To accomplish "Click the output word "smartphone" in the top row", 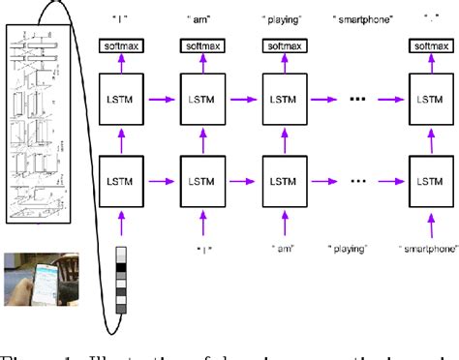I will coord(361,18).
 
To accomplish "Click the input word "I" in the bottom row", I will coord(123,250).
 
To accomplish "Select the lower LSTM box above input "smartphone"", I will coord(427,181).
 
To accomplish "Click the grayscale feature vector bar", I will coord(121,282).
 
